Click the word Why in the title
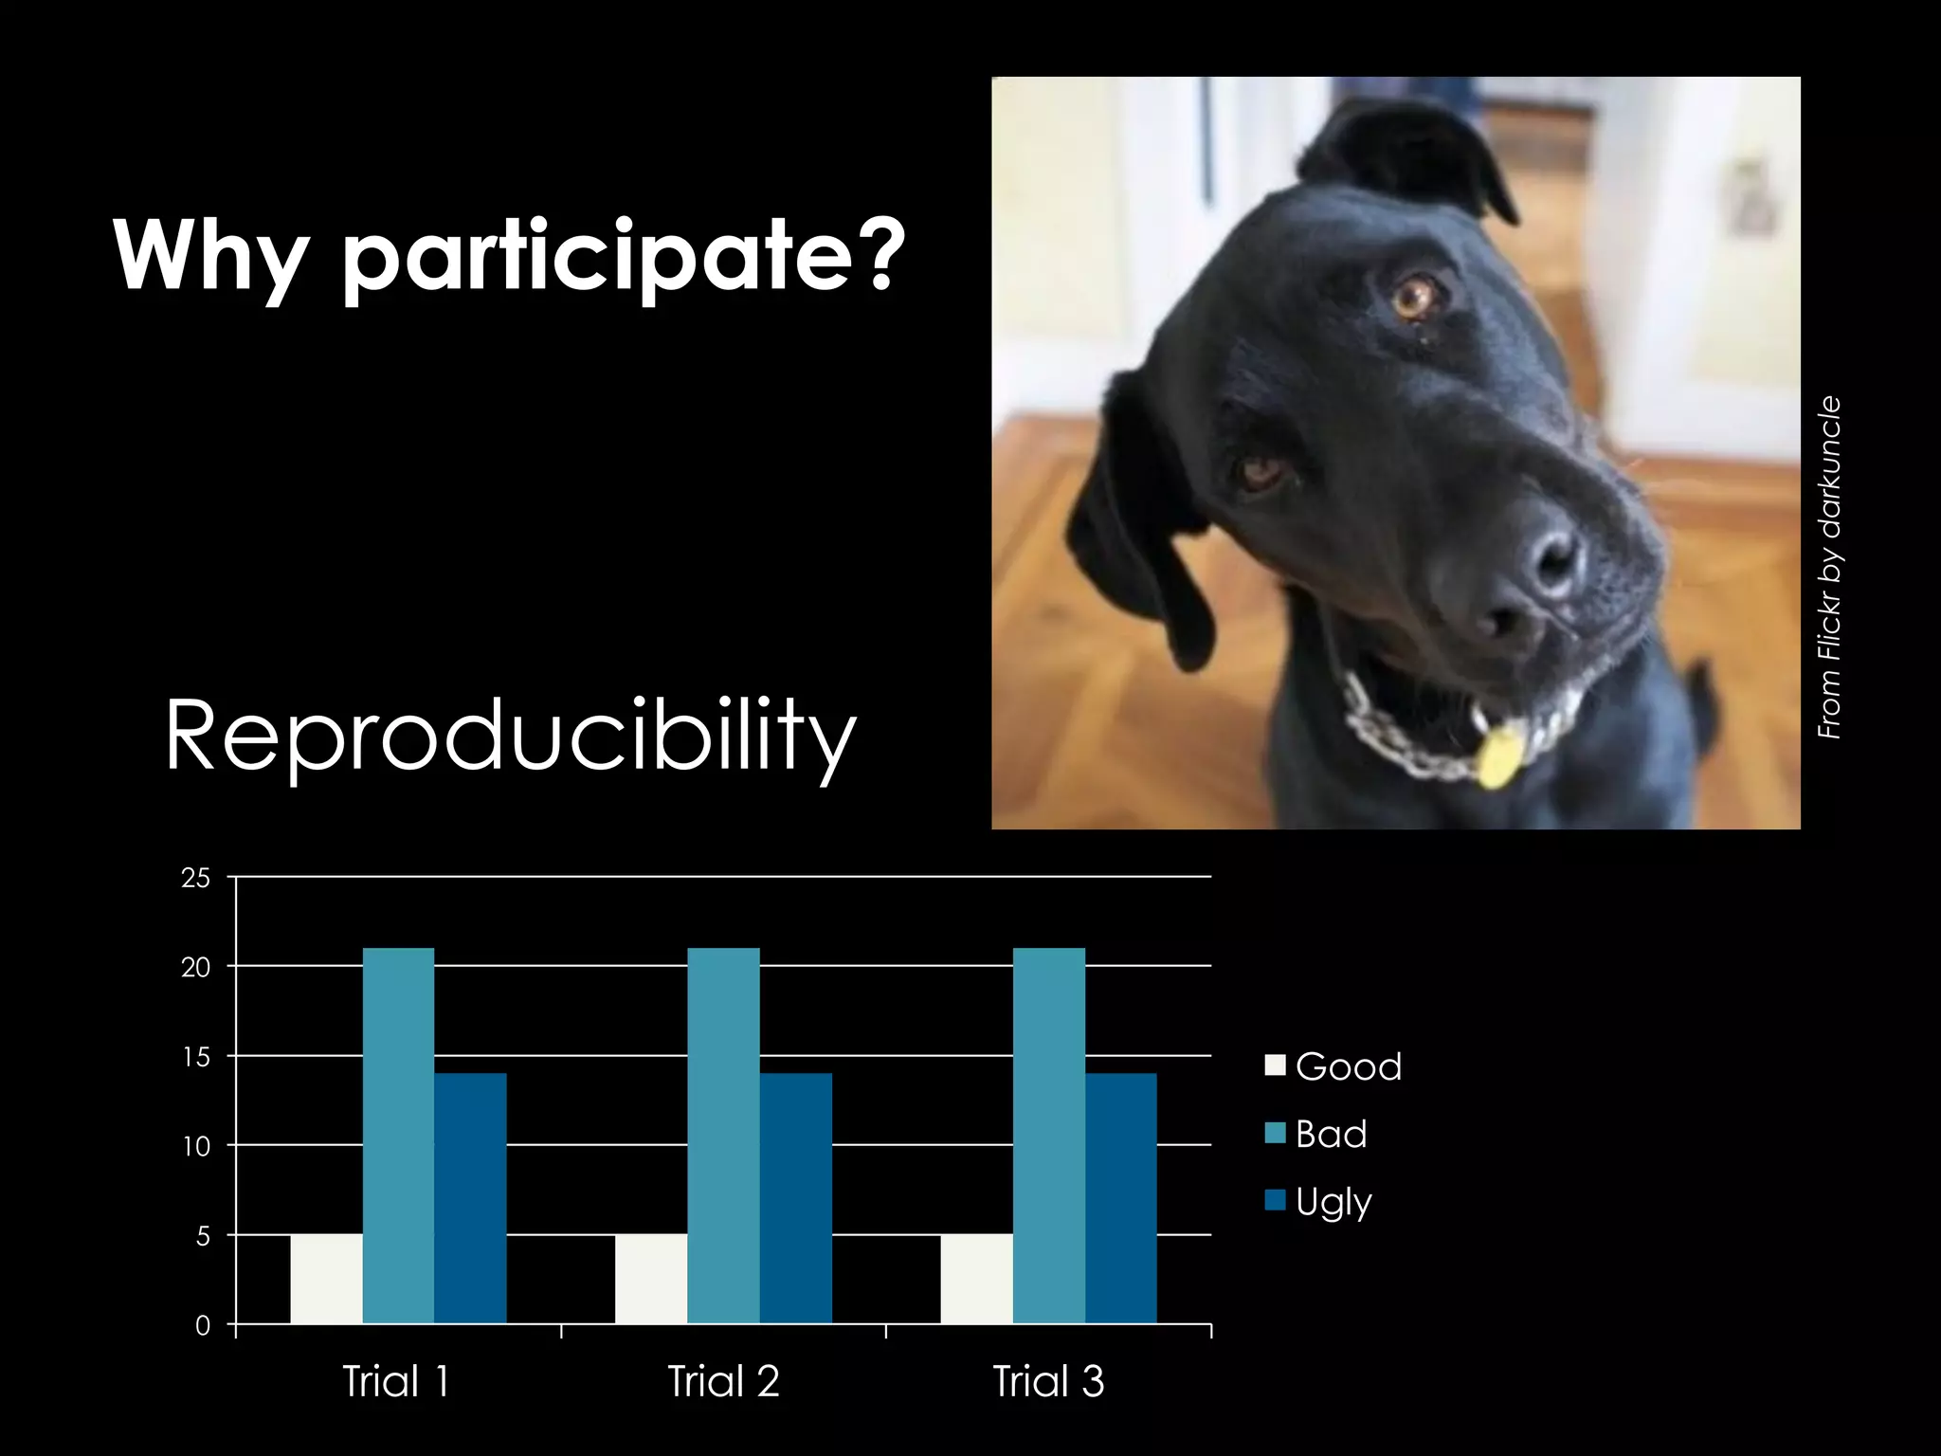[210, 256]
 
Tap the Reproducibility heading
[510, 737]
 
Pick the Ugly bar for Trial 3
[1121, 1198]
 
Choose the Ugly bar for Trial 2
[796, 1198]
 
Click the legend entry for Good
[1334, 1066]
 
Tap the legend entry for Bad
[1317, 1134]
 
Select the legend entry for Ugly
[1319, 1201]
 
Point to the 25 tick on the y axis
[196, 878]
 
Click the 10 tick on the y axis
[196, 1146]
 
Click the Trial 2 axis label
[723, 1381]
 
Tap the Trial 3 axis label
[1048, 1381]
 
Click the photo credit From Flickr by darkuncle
[1829, 567]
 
